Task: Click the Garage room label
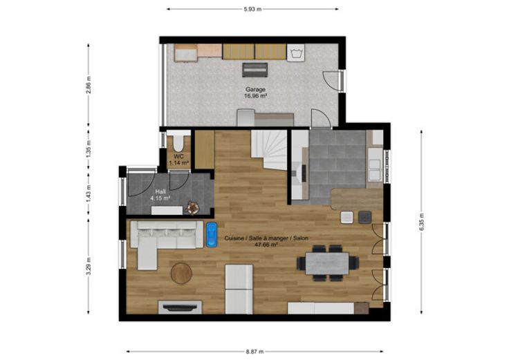point(255,89)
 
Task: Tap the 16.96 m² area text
point(255,95)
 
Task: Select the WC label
point(178,156)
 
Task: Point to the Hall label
point(160,191)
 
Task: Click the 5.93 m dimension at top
point(253,9)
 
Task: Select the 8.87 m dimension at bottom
point(254,351)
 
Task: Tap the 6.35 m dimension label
point(421,222)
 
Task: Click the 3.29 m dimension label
point(89,266)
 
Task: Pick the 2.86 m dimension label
point(89,85)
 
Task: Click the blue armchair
point(212,235)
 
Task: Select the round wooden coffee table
point(181,274)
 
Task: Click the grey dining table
point(327,263)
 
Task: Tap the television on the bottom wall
point(181,307)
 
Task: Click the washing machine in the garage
point(296,53)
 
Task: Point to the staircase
point(269,149)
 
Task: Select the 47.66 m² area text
point(266,245)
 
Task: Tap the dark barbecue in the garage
point(255,70)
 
